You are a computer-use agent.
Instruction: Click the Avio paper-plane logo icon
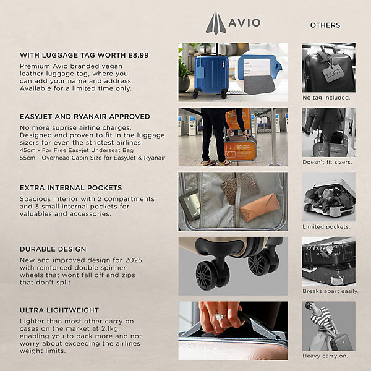[216, 23]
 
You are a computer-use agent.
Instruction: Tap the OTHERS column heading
[325, 25]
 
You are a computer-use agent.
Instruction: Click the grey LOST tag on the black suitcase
[333, 74]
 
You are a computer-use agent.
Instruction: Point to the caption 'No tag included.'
[326, 98]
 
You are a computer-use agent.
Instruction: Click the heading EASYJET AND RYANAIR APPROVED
[85, 117]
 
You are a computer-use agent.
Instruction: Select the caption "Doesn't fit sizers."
[327, 162]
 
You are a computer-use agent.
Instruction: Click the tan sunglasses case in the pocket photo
[259, 207]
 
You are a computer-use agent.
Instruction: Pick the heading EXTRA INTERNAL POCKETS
[70, 188]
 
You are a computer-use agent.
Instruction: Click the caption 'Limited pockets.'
[326, 227]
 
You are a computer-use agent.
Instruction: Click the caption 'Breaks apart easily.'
[330, 291]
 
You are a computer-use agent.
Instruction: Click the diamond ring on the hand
[221, 317]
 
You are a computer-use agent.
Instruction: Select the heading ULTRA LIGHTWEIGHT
[59, 310]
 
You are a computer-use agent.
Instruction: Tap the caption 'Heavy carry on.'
[325, 356]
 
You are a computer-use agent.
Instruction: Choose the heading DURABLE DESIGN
[53, 249]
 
